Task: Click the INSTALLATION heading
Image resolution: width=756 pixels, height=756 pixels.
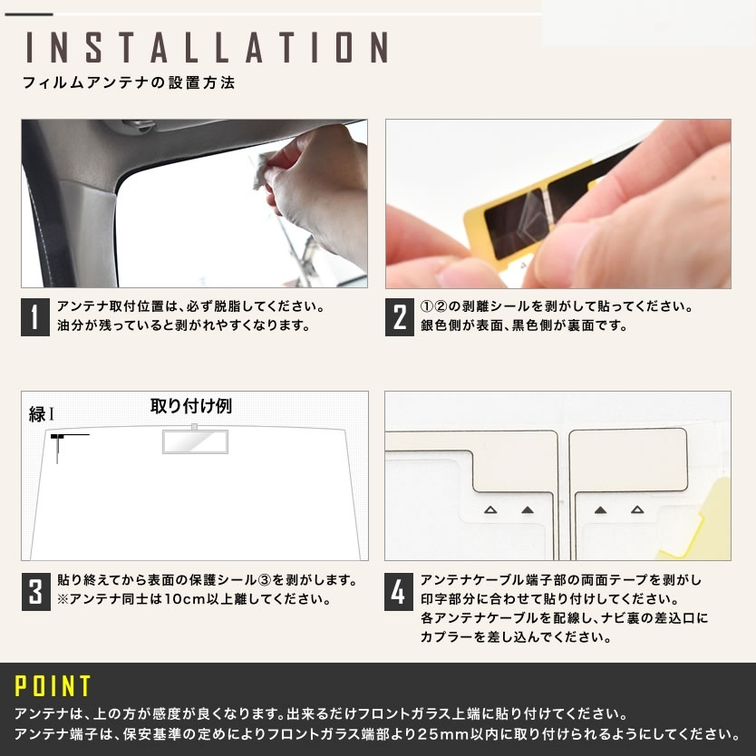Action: tap(207, 47)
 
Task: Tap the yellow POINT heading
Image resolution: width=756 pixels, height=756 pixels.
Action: tap(53, 685)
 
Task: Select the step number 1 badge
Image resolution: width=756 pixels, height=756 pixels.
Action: tap(34, 316)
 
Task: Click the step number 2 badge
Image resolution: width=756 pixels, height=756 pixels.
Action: tap(399, 316)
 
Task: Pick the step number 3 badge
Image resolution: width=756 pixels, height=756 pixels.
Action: tap(35, 592)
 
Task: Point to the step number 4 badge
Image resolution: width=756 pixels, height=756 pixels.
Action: tap(398, 592)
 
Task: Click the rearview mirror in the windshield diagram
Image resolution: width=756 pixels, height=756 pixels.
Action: tap(195, 441)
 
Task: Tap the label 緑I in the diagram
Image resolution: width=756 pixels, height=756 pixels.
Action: tap(42, 414)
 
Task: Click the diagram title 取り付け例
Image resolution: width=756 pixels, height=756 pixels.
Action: tap(191, 406)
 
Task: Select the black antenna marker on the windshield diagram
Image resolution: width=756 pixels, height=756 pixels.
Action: tap(58, 437)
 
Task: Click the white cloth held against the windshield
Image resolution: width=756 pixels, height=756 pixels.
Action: tap(263, 170)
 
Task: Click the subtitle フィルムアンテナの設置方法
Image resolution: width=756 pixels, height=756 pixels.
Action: tap(129, 82)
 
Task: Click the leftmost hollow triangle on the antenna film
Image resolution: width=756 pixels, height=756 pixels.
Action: tap(490, 509)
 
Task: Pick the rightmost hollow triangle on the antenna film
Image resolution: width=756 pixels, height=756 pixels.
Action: tap(637, 509)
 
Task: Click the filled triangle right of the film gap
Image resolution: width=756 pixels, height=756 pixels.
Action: tap(600, 509)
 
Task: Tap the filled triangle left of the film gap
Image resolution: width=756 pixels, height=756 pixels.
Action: tap(528, 509)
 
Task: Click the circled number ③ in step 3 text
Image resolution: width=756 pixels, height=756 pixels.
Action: tap(265, 579)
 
